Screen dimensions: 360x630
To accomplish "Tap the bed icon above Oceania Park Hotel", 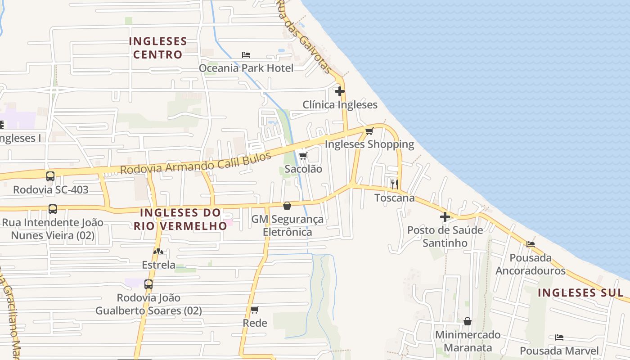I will click(x=246, y=55).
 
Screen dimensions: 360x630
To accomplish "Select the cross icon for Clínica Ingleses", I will click(x=340, y=91).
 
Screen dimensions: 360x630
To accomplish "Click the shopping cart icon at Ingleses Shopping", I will click(x=369, y=131).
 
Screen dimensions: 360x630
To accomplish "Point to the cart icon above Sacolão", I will click(x=303, y=156).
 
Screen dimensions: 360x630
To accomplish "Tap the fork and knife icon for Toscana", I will click(x=395, y=184).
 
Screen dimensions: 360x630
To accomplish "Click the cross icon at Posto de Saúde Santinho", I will click(x=445, y=217).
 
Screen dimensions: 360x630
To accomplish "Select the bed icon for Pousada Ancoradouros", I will click(x=531, y=244).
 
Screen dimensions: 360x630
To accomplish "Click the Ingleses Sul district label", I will click(x=580, y=292).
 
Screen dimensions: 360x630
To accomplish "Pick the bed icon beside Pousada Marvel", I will click(x=559, y=337).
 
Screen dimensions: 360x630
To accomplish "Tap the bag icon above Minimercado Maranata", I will click(x=468, y=321).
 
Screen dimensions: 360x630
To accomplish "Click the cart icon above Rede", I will click(x=255, y=310).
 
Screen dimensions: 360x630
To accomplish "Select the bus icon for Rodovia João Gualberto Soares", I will click(x=148, y=284).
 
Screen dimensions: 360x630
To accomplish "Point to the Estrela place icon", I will click(x=158, y=252).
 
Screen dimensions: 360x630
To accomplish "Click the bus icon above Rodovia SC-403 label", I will click(x=50, y=176).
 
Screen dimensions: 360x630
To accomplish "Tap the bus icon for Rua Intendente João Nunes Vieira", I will click(x=53, y=209).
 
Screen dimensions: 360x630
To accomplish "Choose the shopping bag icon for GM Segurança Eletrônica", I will click(x=287, y=206).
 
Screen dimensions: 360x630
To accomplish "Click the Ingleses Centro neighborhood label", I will click(x=158, y=48).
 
